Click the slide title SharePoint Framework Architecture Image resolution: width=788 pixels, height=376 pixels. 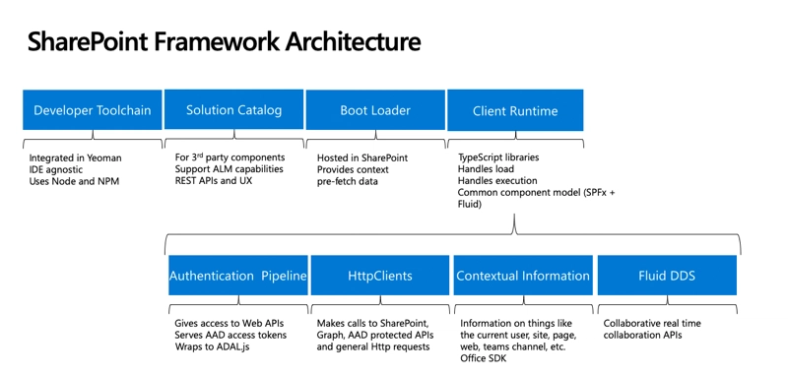pyautogui.click(x=224, y=42)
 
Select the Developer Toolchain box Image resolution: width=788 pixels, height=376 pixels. pyautogui.click(x=93, y=110)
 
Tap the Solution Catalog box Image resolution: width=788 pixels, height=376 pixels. pyautogui.click(x=233, y=110)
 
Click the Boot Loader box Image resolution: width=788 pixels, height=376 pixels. pyautogui.click(x=375, y=110)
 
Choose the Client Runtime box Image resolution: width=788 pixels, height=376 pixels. pyautogui.click(x=515, y=110)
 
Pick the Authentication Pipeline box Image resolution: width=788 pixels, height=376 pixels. pyautogui.click(x=238, y=276)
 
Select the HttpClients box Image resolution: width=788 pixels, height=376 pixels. pyautogui.click(x=380, y=276)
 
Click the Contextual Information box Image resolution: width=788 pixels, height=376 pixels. pyautogui.click(x=523, y=276)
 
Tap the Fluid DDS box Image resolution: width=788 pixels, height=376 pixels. pyautogui.click(x=667, y=276)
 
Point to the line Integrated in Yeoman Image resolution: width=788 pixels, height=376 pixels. pyautogui.click(x=75, y=157)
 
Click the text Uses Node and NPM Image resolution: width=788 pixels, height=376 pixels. pyautogui.click(x=76, y=182)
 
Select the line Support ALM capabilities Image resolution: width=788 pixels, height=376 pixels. pyautogui.click(x=230, y=169)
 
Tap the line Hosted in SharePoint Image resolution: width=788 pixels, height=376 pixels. pyautogui.click(x=361, y=157)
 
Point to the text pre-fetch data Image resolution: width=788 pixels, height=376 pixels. pyautogui.click(x=347, y=182)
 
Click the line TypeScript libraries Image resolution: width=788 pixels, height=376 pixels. pyautogui.click(x=498, y=157)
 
